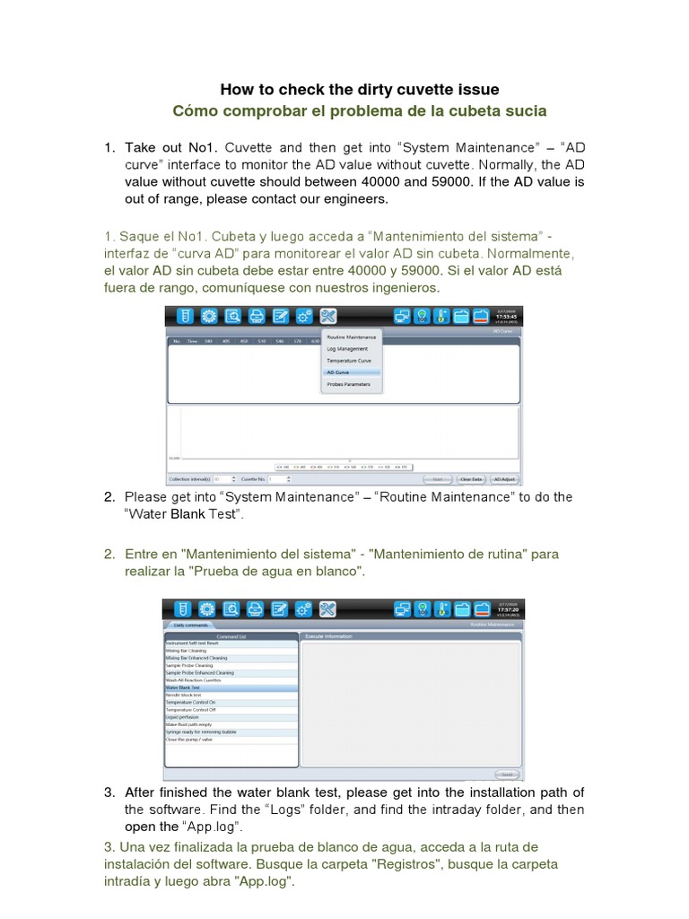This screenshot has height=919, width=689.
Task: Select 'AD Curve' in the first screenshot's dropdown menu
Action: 339,372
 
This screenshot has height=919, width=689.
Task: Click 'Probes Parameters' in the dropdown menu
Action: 348,383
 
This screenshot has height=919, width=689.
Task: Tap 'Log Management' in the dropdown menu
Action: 345,349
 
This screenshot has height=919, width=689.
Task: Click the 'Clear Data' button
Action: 471,479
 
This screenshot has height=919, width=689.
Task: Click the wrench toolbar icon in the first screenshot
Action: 327,315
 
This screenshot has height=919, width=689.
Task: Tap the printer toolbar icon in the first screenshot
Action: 257,315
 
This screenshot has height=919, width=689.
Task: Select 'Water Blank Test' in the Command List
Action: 183,687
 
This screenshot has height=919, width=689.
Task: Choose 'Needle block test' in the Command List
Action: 184,695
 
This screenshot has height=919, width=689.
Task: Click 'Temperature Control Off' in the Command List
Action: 190,710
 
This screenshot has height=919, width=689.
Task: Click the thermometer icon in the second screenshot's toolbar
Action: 441,609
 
